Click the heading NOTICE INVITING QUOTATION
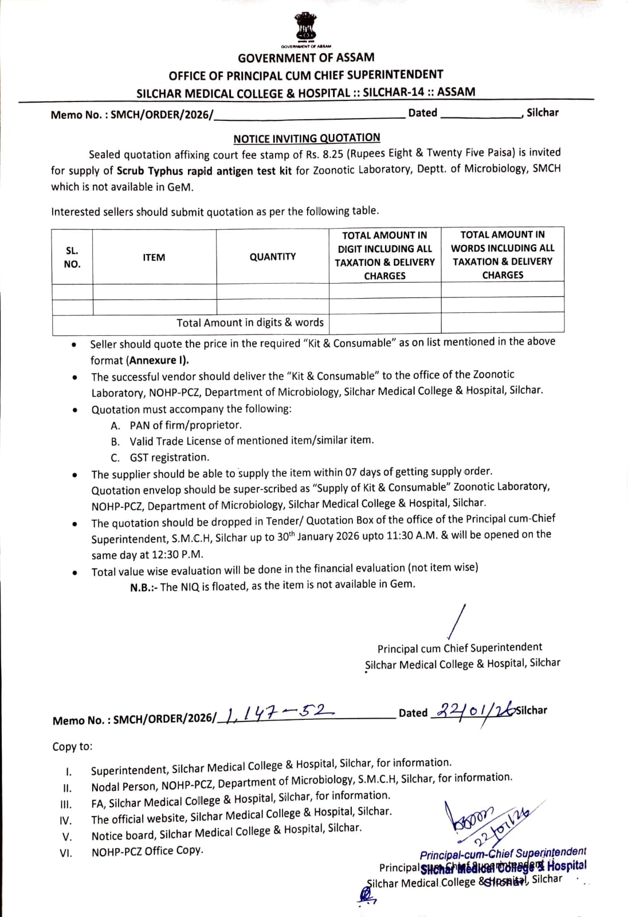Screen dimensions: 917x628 click(307, 138)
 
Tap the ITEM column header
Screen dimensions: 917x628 click(154, 257)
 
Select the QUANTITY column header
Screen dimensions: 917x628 click(273, 257)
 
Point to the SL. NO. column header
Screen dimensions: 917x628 click(72, 257)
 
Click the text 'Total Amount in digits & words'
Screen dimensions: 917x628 click(250, 323)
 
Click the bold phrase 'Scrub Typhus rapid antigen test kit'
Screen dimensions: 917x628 click(205, 171)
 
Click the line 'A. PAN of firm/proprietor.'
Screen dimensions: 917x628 click(176, 425)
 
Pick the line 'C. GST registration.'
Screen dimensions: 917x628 click(160, 457)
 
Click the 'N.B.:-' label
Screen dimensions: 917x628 click(144, 587)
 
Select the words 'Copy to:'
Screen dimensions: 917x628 click(72, 747)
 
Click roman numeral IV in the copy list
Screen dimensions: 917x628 click(66, 820)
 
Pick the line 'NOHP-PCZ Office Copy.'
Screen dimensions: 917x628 click(147, 851)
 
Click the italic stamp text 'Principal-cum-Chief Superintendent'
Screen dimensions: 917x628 click(503, 853)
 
